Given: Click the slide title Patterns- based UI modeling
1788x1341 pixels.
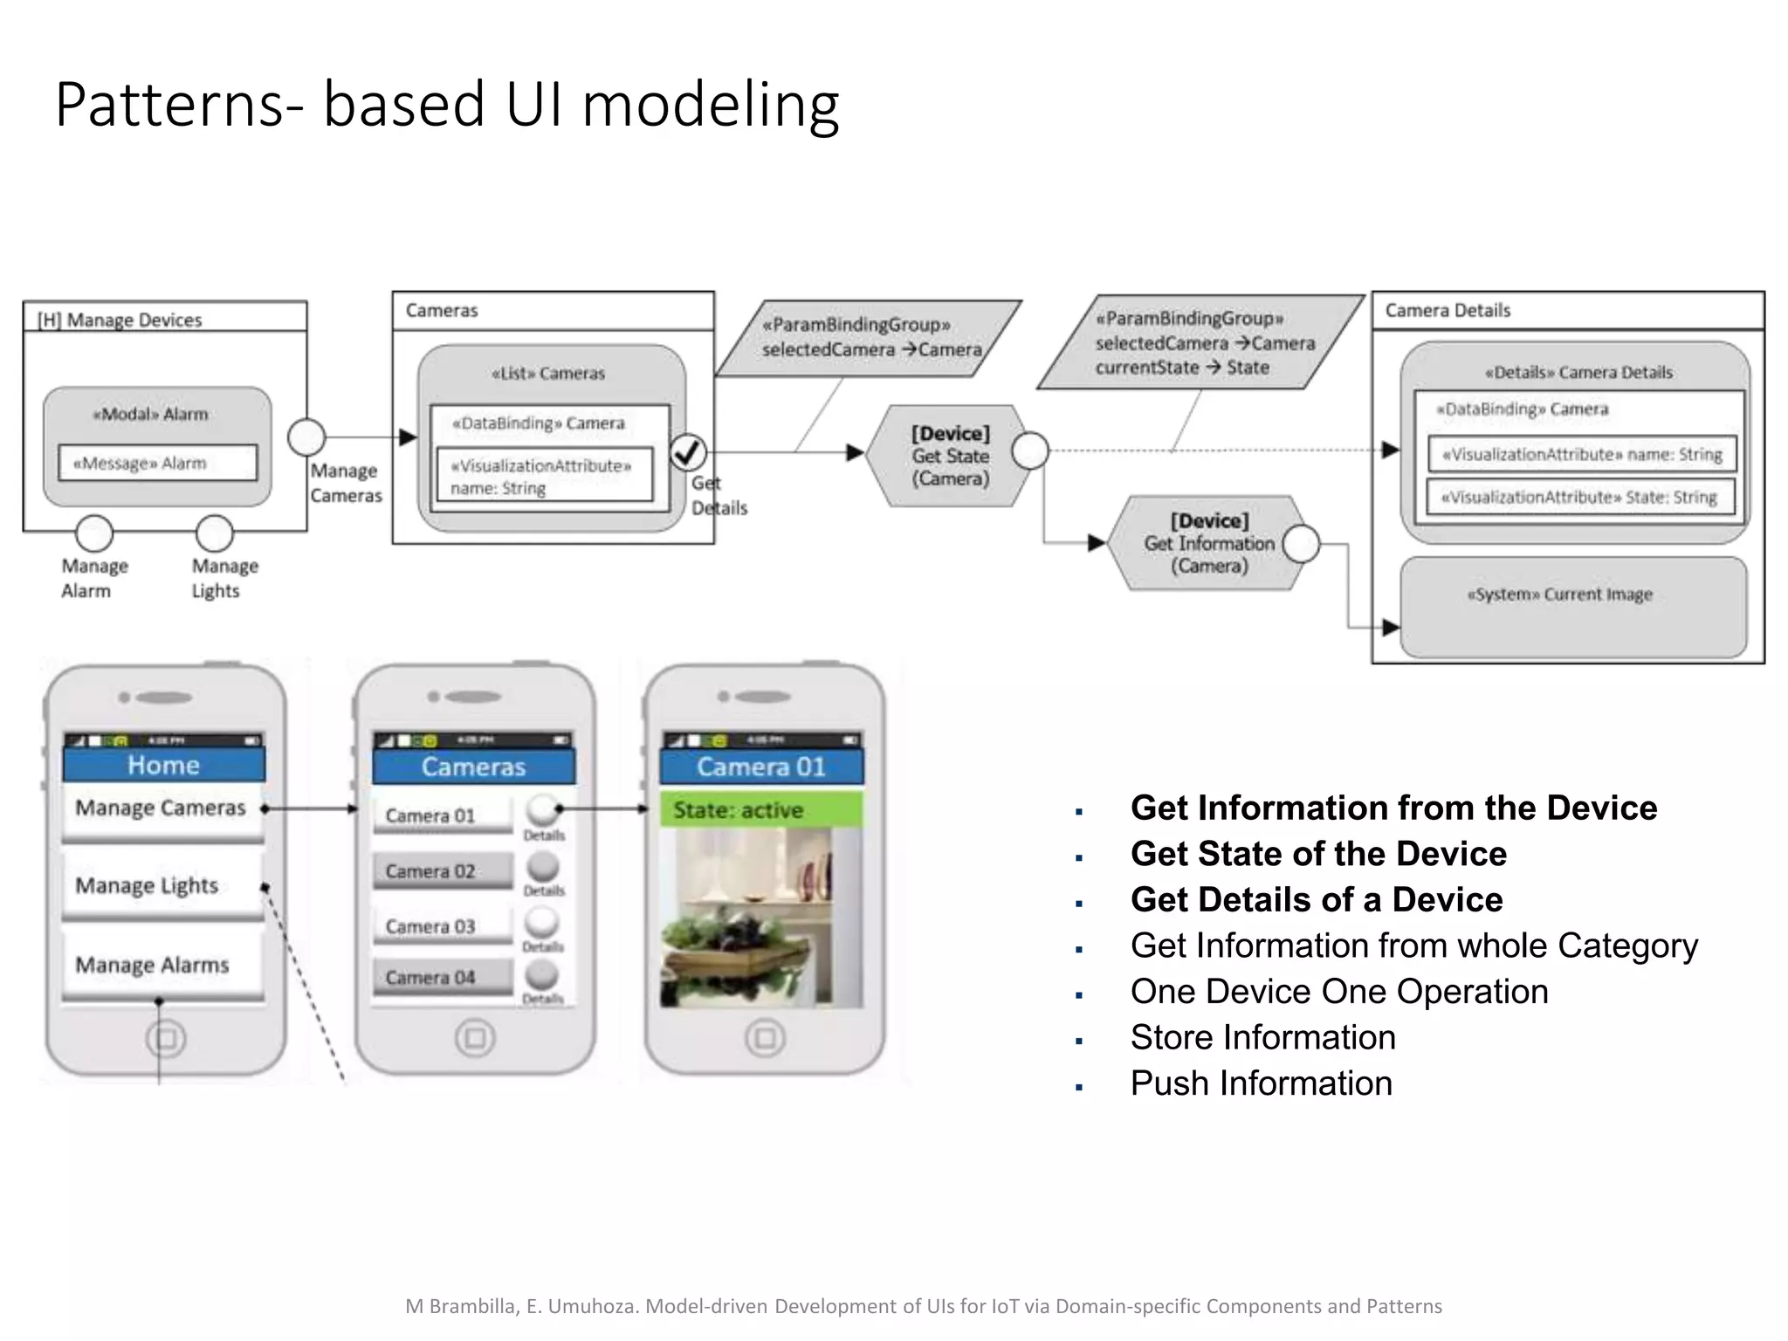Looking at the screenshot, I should (x=447, y=105).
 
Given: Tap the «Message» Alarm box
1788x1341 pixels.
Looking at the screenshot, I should (x=157, y=463).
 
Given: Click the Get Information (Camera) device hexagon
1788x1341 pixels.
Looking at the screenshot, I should (x=1209, y=543).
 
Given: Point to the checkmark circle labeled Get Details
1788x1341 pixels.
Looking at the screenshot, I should (x=688, y=451).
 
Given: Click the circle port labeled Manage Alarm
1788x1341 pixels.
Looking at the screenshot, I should (x=94, y=532).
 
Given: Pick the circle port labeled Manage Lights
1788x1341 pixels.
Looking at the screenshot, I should (x=214, y=532).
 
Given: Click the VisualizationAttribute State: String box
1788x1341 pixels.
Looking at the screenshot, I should (x=1580, y=498).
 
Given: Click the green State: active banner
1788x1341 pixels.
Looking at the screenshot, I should (x=761, y=810).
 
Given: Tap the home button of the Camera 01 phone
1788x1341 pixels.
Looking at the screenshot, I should (x=765, y=1038).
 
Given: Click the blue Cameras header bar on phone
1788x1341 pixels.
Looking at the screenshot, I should (x=473, y=767).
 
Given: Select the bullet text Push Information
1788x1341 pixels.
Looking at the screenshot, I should (x=1261, y=1083).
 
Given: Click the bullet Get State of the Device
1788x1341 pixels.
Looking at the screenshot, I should (x=1318, y=854).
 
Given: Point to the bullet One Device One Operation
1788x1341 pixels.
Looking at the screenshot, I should (x=1339, y=992).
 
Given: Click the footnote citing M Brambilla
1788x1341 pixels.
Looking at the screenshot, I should (x=923, y=1306).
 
